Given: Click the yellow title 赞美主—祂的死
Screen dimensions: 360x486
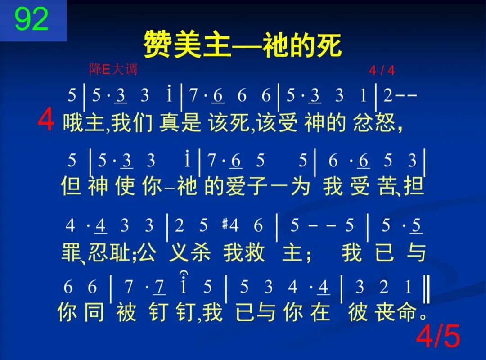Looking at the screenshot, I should pyautogui.click(x=243, y=45).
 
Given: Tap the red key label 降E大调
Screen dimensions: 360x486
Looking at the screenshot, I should pyautogui.click(x=112, y=70).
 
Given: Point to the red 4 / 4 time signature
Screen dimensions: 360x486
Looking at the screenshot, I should pyautogui.click(x=382, y=71).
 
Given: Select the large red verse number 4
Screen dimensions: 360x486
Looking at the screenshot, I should pyautogui.click(x=46, y=120).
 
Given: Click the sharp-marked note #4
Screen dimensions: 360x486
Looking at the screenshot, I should pyautogui.click(x=230, y=225).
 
